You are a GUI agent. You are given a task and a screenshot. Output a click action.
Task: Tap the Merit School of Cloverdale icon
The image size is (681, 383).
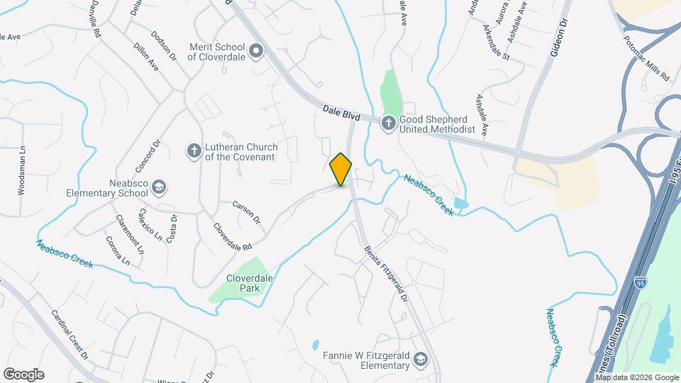pos(257,50)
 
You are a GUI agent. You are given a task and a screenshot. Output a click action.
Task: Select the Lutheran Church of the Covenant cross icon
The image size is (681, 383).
pos(193,150)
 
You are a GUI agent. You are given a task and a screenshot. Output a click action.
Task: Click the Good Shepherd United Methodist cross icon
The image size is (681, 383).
pos(388,123)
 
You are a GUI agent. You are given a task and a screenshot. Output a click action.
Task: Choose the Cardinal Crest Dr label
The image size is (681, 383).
pos(70,333)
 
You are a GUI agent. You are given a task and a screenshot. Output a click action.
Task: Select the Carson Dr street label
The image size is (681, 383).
pos(246,211)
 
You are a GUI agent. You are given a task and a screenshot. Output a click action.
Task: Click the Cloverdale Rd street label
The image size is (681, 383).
pos(233,237)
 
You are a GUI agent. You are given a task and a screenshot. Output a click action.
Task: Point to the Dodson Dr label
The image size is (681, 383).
pos(162,45)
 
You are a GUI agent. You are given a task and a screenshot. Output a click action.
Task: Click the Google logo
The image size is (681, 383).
pos(23,374)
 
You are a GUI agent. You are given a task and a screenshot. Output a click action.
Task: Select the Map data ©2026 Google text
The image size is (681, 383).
pos(637,377)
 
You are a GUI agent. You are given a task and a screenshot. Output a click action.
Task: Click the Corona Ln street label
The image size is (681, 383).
pos(117,250)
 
